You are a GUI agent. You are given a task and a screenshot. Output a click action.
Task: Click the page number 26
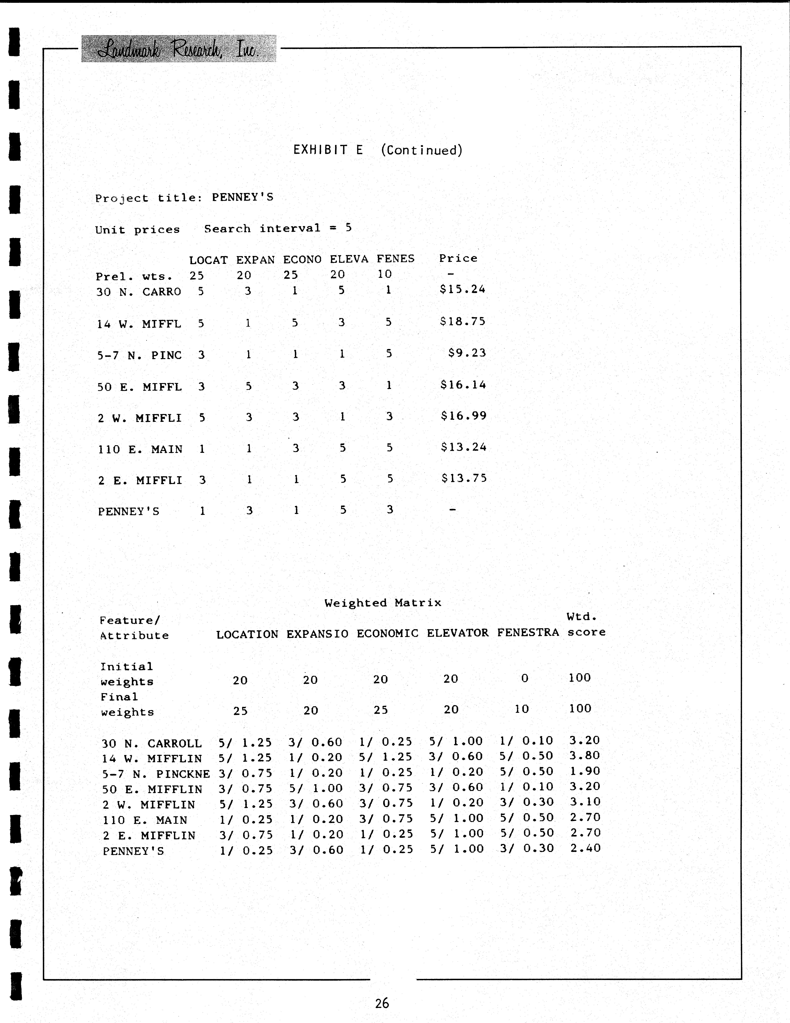click(x=382, y=1003)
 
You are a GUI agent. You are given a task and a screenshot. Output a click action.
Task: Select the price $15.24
click(x=462, y=289)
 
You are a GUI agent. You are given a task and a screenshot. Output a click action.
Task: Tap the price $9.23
click(x=467, y=353)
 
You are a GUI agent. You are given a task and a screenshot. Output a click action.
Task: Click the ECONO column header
click(x=302, y=260)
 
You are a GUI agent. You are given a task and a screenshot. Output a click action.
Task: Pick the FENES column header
click(x=395, y=259)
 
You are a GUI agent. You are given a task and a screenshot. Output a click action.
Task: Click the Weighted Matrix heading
click(x=383, y=603)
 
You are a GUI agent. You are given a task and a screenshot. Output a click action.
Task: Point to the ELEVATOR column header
click(x=457, y=633)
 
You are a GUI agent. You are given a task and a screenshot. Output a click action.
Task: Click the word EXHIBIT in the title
click(x=320, y=150)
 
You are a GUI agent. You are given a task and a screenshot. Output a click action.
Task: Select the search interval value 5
click(x=348, y=228)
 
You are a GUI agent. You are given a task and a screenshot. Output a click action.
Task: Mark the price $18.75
click(x=462, y=321)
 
